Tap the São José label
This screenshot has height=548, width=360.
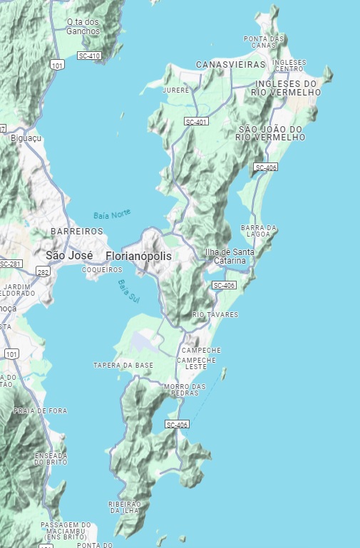coord(69,255)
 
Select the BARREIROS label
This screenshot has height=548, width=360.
coord(77,232)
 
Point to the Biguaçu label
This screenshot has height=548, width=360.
coord(27,138)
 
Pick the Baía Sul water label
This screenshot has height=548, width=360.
coord(129,292)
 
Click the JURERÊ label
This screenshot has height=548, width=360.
coord(175,91)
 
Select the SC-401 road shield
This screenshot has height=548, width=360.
coord(196,122)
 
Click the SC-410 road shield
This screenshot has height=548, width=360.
coord(90,56)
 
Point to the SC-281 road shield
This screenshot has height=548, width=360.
coord(11,264)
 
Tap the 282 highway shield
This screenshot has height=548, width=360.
coord(43,272)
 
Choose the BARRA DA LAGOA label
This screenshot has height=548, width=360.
coord(259,231)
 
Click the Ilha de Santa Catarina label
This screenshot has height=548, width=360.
coord(229,257)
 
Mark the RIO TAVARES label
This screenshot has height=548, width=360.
coord(215,314)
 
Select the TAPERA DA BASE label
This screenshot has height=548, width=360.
coord(123,366)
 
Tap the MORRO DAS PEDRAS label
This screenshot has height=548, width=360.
coord(185,390)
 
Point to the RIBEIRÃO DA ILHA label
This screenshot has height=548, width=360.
coord(125,507)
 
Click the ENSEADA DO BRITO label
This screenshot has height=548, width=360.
coord(51,459)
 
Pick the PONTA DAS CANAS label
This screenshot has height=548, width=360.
coord(264,41)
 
